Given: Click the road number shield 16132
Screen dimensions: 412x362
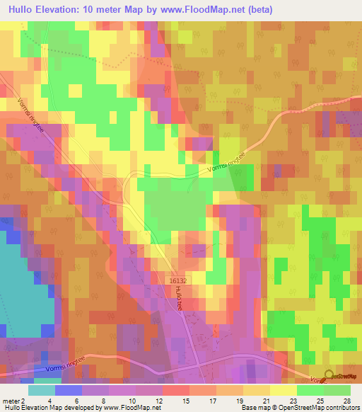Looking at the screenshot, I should (x=178, y=281).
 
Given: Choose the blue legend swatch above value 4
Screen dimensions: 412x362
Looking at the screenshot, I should (x=68, y=390).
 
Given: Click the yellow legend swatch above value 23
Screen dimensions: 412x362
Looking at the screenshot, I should (x=284, y=390).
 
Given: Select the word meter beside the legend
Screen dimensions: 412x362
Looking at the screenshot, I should (x=11, y=402).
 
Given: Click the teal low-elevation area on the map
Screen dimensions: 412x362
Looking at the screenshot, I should (x=18, y=283).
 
